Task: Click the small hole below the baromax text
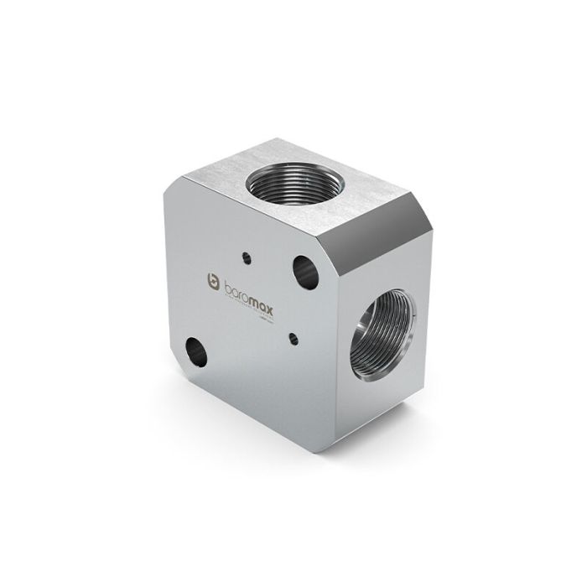click(x=293, y=338)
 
